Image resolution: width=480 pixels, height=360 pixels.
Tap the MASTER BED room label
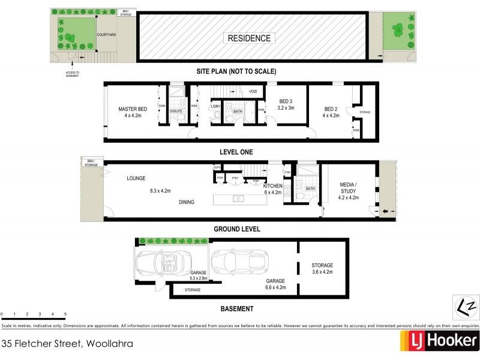click(132, 109)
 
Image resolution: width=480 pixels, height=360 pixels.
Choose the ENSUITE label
click(176, 112)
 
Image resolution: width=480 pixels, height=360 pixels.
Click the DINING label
click(187, 202)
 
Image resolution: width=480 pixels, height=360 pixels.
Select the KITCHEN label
click(272, 187)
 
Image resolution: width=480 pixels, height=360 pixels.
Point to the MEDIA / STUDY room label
click(348, 187)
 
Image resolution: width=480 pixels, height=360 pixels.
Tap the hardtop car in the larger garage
click(242, 262)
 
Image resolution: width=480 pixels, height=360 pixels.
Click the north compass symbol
click(464, 306)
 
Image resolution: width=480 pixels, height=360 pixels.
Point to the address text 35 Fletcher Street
click(67, 344)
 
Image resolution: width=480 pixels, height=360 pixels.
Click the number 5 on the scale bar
click(65, 314)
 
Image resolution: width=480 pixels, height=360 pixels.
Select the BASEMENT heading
click(236, 309)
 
